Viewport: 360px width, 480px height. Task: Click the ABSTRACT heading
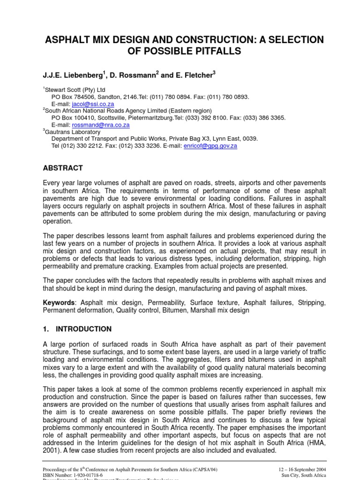coord(63,168)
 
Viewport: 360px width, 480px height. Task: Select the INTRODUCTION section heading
coord(83,329)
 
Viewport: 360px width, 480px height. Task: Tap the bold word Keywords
coord(59,303)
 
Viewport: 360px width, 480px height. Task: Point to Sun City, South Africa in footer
coord(310,475)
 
